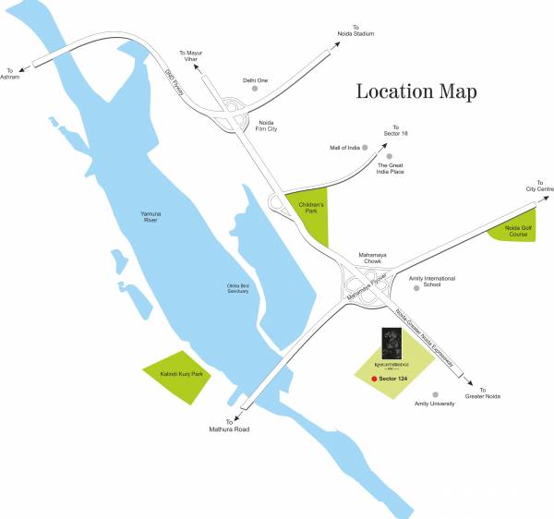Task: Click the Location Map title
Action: point(415,91)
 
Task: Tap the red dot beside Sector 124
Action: point(373,380)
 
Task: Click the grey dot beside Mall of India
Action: point(366,147)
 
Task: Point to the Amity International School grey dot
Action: point(417,287)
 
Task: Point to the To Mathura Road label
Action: point(229,424)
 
